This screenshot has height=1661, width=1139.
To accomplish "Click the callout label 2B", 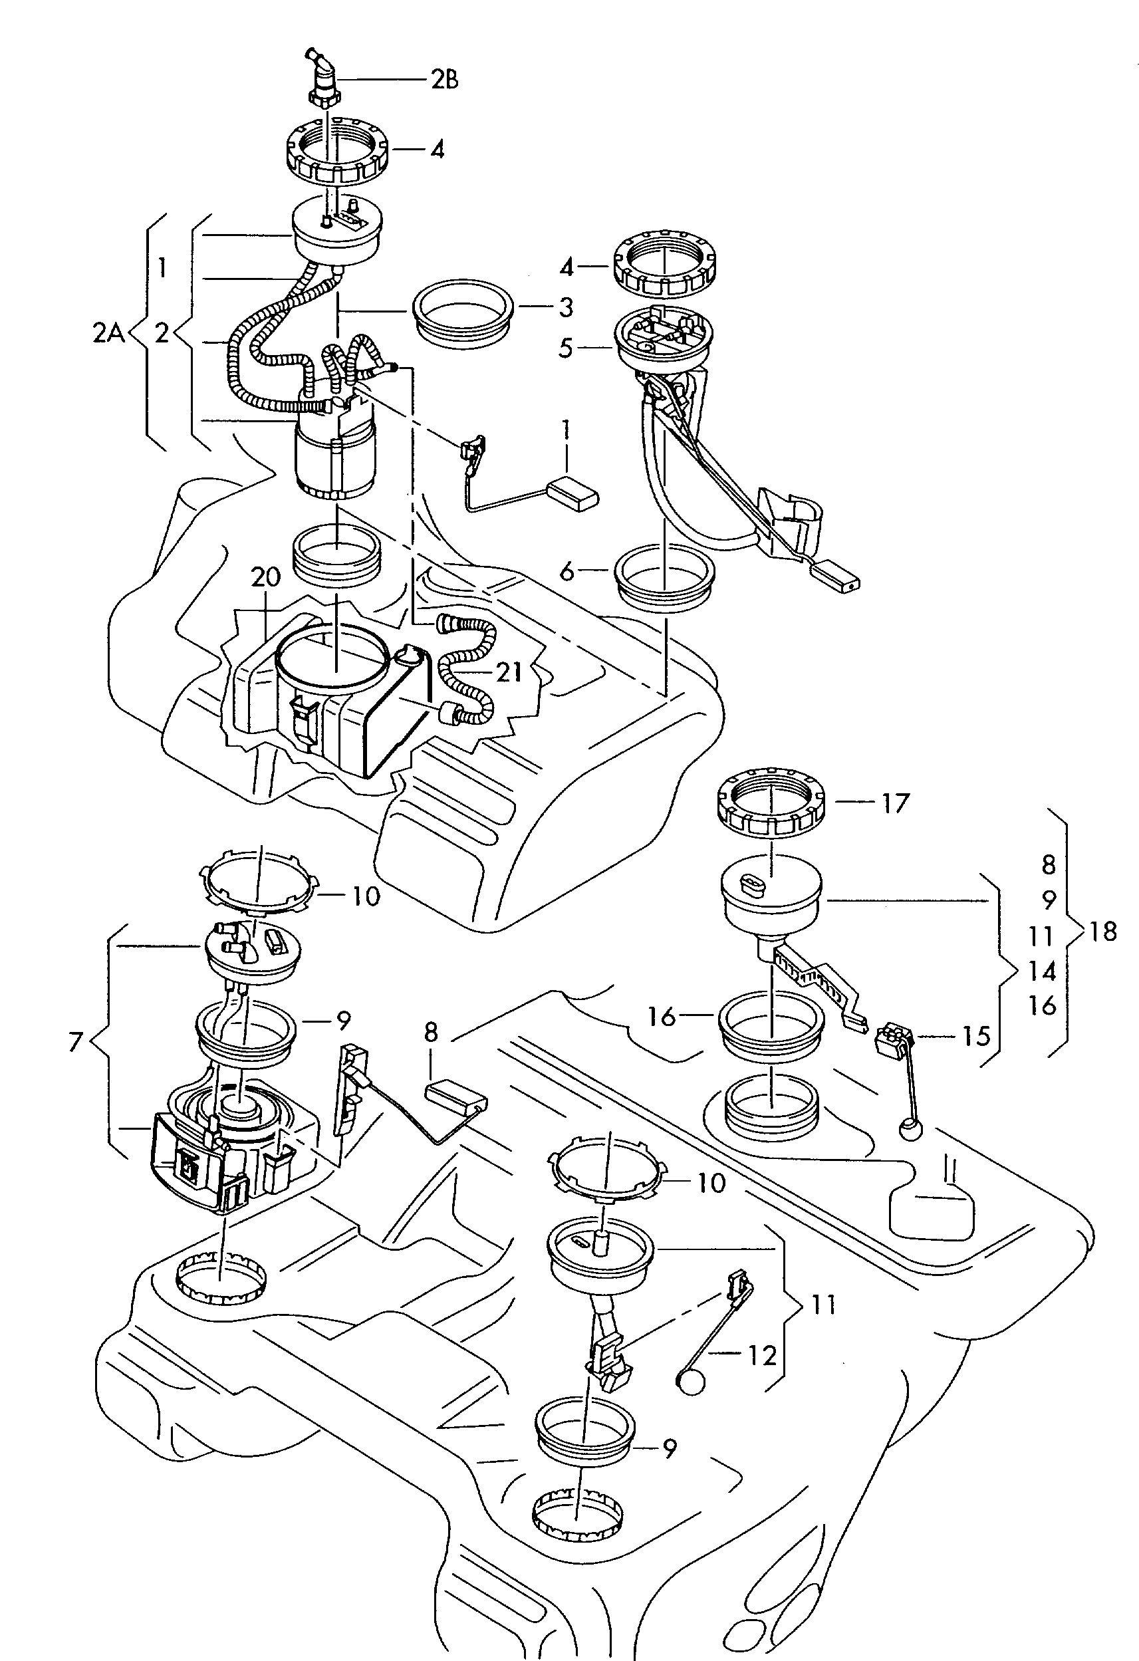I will [443, 79].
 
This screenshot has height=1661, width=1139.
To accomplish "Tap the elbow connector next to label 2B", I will [324, 78].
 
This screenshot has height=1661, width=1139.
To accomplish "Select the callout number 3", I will [566, 307].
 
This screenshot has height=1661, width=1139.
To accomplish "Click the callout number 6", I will [567, 571].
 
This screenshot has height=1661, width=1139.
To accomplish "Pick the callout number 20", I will [266, 576].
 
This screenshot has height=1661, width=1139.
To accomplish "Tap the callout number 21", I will [509, 672].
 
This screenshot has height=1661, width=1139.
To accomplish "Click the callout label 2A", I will [108, 332].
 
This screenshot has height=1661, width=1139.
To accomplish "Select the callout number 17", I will [894, 803].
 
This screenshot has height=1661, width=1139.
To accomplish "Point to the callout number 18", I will [1102, 932].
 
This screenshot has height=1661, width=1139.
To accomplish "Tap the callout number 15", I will [976, 1037].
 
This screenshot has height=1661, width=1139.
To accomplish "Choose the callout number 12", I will [762, 1354].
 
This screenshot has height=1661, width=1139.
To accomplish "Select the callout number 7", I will [76, 1042].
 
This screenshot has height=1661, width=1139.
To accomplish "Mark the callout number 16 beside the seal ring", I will [662, 1016].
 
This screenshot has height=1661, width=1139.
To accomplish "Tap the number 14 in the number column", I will [1043, 971].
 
